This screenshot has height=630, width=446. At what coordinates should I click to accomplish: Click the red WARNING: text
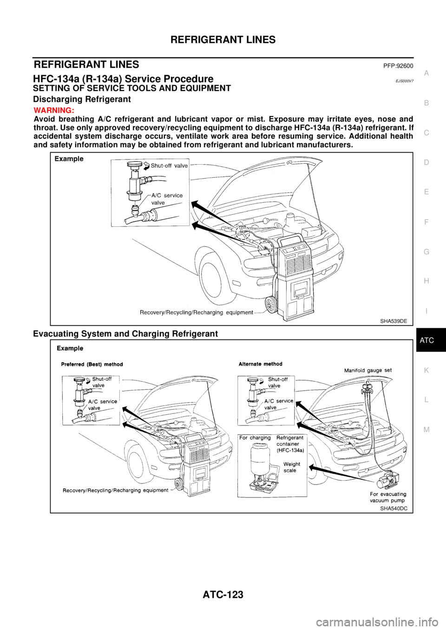coord(53,111)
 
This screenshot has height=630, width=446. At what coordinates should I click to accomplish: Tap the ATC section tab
coord(426,341)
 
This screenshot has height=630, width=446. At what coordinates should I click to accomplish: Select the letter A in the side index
coord(426,73)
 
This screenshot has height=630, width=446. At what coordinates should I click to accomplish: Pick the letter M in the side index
coord(426,430)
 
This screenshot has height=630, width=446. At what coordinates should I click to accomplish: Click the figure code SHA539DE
coord(393,321)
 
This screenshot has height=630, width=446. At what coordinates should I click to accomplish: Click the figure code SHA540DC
coord(394,508)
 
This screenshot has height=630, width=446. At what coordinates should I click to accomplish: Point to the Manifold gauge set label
coord(367,370)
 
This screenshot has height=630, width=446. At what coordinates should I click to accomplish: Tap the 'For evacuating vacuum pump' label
coord(388,497)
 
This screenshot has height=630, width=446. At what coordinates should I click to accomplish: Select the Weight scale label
coord(291,467)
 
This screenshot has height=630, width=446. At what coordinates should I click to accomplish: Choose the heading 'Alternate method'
coord(260,364)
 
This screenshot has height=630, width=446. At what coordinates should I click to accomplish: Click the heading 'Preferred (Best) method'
coord(92,364)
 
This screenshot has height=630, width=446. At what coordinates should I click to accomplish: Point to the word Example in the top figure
coord(69,159)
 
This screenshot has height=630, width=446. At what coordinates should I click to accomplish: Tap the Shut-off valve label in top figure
coord(169,166)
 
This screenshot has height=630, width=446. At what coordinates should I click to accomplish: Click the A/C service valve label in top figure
coord(167,199)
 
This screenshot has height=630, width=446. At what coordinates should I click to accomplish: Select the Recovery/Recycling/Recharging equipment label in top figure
coord(196,312)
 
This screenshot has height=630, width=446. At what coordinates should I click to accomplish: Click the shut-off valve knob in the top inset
coord(134,164)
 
